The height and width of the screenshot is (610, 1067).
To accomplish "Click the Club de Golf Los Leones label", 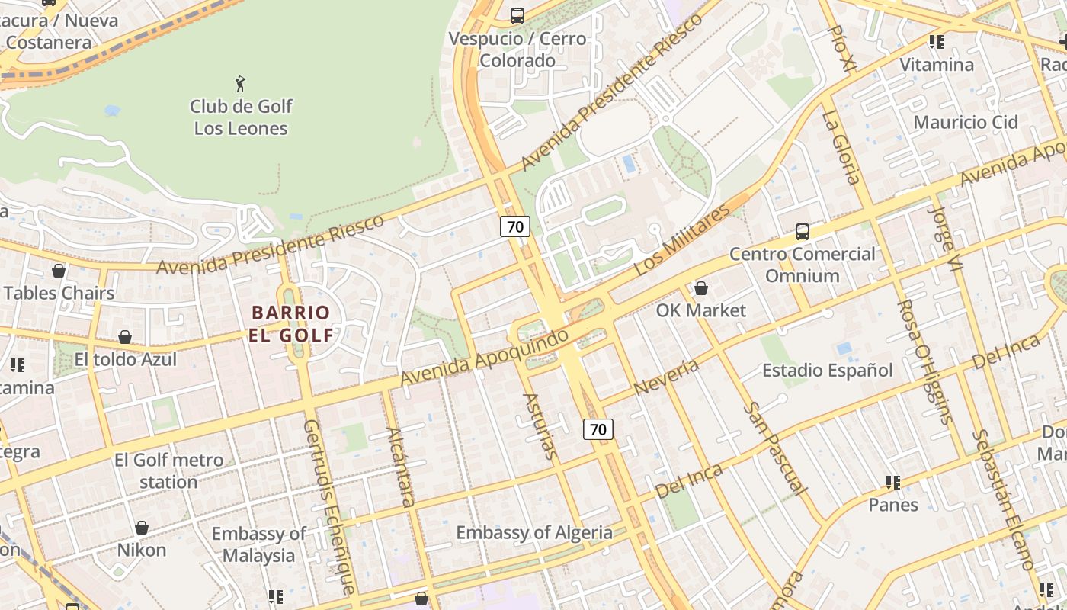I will pyautogui.click(x=241, y=117).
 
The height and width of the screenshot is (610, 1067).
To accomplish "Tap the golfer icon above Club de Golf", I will pyautogui.click(x=241, y=83).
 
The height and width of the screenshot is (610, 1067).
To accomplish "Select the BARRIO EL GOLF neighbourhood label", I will pyautogui.click(x=291, y=323).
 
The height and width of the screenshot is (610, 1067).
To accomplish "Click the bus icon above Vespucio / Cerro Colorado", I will pyautogui.click(x=517, y=15).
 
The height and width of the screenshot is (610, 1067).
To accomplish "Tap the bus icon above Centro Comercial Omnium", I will pyautogui.click(x=802, y=231).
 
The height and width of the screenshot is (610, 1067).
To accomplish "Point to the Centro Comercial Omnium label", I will pyautogui.click(x=802, y=265).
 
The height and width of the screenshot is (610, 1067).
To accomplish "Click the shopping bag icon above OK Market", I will pyautogui.click(x=701, y=288).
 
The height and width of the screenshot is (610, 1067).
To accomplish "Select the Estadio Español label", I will pyautogui.click(x=827, y=371).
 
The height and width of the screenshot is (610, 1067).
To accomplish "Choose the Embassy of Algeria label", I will pyautogui.click(x=533, y=532).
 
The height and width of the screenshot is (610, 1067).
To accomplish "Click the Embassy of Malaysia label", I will pyautogui.click(x=258, y=544).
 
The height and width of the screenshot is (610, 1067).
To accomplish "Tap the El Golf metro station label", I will pyautogui.click(x=168, y=471).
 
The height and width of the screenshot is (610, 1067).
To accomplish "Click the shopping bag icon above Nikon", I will pyautogui.click(x=142, y=528).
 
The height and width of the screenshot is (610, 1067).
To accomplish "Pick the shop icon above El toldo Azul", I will pyautogui.click(x=125, y=337).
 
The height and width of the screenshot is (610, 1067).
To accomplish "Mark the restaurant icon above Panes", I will pyautogui.click(x=893, y=482).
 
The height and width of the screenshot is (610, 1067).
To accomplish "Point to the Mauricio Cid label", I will pyautogui.click(x=966, y=122).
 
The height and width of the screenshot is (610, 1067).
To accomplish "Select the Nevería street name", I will pyautogui.click(x=666, y=377).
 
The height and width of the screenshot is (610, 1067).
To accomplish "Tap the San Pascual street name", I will pyautogui.click(x=774, y=449).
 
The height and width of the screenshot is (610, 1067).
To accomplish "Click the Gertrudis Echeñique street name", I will pyautogui.click(x=329, y=506).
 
